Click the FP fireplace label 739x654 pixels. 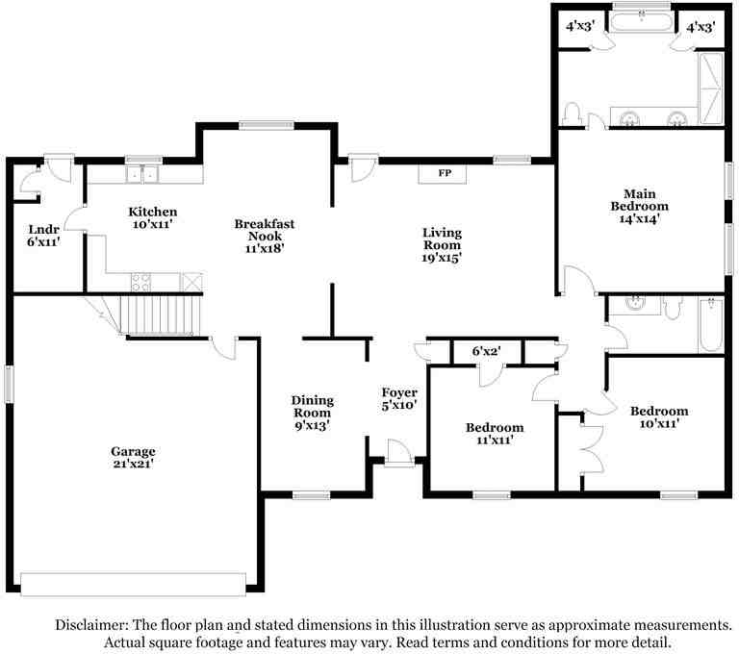click(445, 173)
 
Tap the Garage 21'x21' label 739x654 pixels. click(134, 458)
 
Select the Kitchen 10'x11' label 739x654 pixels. click(153, 217)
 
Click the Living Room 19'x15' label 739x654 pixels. click(442, 245)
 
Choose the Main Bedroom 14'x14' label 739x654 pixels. click(640, 206)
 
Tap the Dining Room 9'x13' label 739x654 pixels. click(312, 413)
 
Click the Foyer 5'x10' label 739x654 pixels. click(399, 398)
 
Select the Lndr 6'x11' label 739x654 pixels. click(44, 236)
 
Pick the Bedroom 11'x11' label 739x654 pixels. click(495, 434)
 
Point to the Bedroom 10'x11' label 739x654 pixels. click(659, 417)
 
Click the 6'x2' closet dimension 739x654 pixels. click(486, 351)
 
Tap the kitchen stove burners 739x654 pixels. click(141, 282)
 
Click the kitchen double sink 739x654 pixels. click(142, 174)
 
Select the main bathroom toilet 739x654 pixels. click(572, 113)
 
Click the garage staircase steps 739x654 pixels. click(161, 314)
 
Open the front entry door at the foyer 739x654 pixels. click(398, 452)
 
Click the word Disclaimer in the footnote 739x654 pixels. click(91, 625)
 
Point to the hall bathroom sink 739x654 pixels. click(634, 305)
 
